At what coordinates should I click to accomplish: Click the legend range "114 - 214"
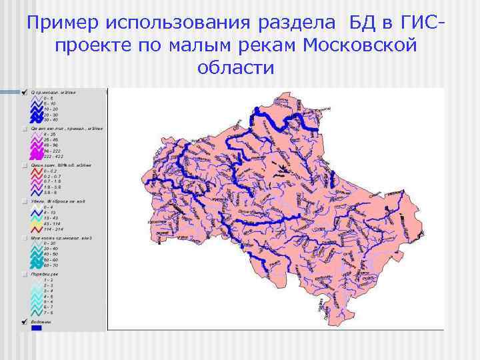tap(51, 229)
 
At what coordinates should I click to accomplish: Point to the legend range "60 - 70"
tap(50, 265)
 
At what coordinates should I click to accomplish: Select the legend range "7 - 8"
tap(48, 312)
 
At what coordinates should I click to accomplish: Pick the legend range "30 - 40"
tap(50, 249)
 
